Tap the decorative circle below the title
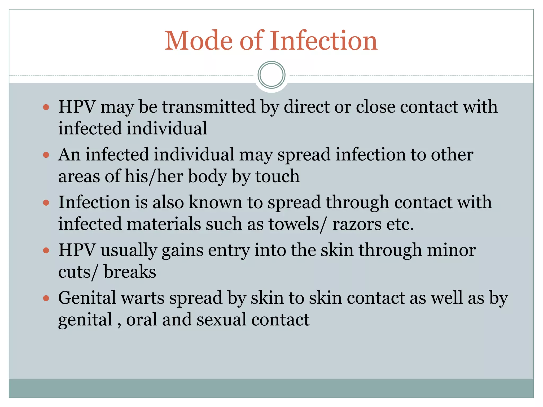pos(271,75)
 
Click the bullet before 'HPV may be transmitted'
pos(46,107)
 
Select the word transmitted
pos(209,107)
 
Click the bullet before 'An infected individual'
pos(46,155)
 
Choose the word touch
pos(277,176)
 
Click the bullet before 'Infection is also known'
pos(46,203)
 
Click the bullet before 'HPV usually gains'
pos(46,250)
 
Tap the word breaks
pos(130,272)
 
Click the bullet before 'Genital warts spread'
pos(46,298)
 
